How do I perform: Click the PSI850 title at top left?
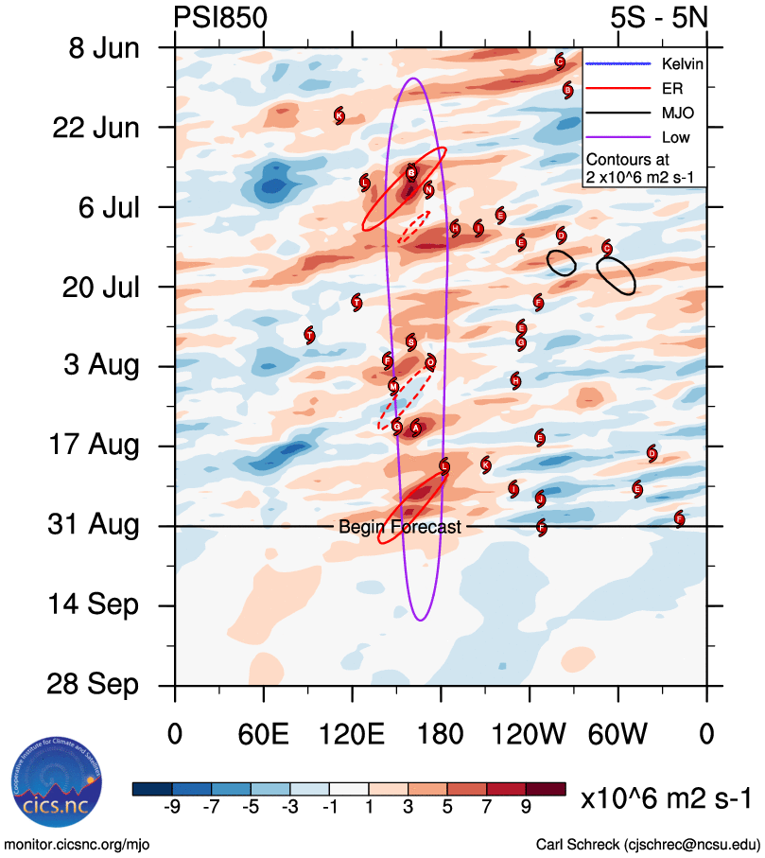[x=220, y=17]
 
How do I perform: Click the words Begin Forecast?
[x=400, y=527]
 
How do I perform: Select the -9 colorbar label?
[x=172, y=807]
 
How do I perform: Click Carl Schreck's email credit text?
[x=648, y=843]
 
